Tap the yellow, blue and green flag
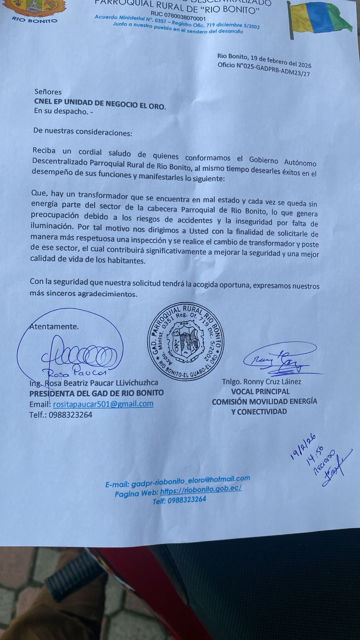[x=320, y=20]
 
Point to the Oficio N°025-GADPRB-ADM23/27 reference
[x=264, y=70]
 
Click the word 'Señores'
[x=48, y=92]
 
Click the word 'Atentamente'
[x=54, y=326]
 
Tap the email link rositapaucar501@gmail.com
[x=103, y=404]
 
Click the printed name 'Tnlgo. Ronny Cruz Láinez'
[x=262, y=382]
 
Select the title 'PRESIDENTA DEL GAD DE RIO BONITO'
[x=96, y=393]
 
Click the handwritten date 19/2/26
[x=303, y=446]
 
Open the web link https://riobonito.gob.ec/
[x=201, y=490]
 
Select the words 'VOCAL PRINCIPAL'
[x=260, y=392]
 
